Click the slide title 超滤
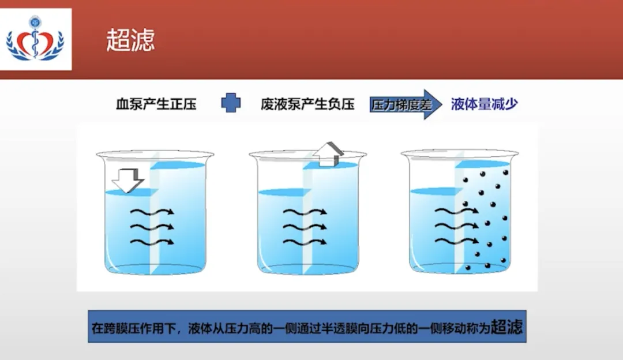[130, 40]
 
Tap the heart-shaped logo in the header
[35, 40]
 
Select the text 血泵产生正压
[156, 104]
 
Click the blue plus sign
[231, 103]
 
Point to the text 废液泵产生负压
[307, 104]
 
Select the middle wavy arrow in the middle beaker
[305, 226]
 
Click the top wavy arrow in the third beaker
[456, 211]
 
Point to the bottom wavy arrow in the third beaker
[456, 240]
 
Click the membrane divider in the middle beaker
[307, 219]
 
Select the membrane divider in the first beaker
[155, 219]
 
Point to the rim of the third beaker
[460, 154]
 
